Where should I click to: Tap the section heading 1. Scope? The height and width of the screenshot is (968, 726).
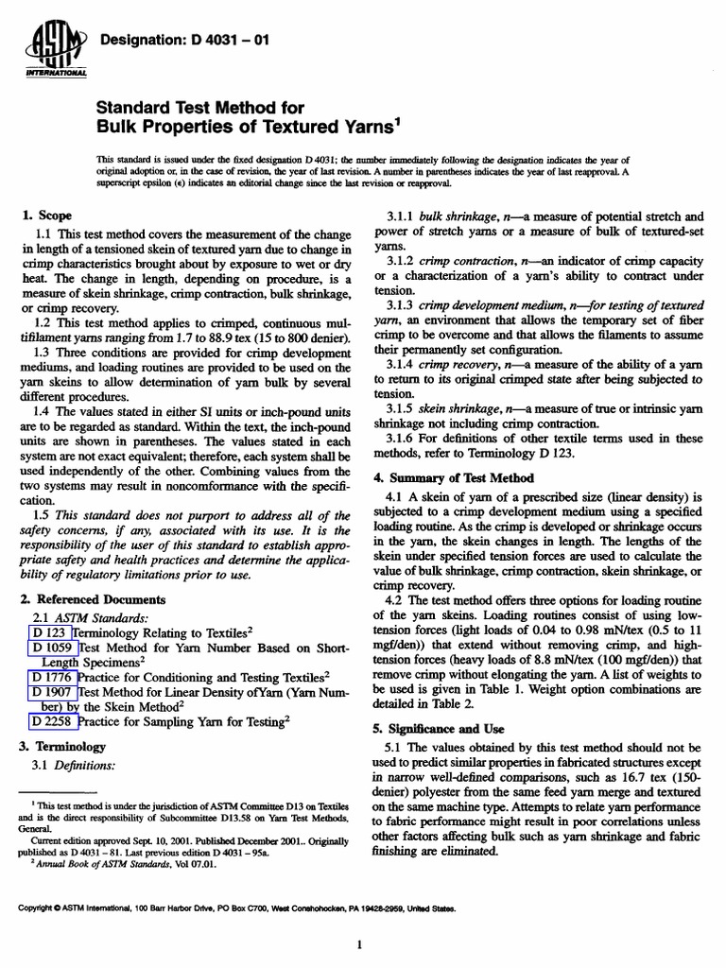coord(48,216)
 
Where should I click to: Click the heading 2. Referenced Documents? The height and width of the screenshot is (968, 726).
coord(93,599)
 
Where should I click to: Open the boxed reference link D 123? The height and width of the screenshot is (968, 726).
coord(50,632)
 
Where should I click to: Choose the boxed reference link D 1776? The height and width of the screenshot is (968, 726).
coord(54,677)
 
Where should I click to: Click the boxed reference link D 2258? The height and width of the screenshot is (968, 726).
coord(54,721)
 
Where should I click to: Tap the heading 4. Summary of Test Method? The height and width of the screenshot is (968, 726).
coord(453,477)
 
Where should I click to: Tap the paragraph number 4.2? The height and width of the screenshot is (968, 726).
coord(396,599)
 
